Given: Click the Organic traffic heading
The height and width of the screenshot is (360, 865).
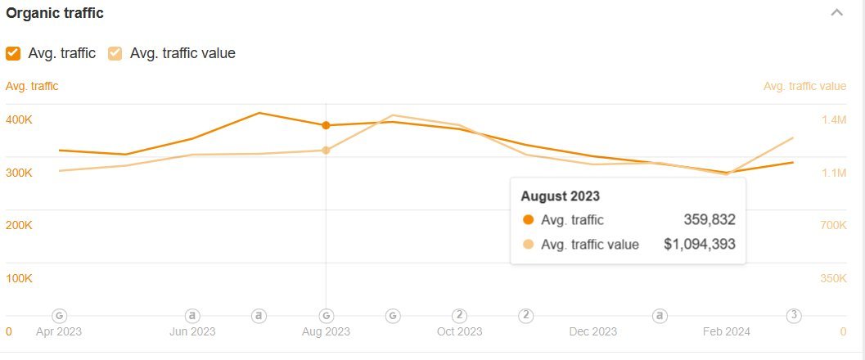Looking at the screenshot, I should [x=55, y=14].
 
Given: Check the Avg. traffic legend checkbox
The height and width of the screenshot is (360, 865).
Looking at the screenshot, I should [x=13, y=53].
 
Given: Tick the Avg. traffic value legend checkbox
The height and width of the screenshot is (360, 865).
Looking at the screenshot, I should [x=115, y=53].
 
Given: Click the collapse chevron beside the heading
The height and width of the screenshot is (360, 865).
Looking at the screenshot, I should [x=836, y=13].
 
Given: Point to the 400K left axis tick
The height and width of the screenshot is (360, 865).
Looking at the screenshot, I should [x=19, y=119].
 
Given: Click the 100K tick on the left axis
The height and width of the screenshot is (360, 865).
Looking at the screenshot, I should [x=19, y=278].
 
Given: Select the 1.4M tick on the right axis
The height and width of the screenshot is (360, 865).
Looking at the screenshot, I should [x=833, y=120].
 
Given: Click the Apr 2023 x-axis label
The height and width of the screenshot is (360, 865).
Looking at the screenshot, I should [x=59, y=331].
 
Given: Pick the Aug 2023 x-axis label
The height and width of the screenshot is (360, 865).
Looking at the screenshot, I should [x=326, y=331].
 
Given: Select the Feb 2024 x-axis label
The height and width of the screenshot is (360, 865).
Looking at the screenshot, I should [x=726, y=331].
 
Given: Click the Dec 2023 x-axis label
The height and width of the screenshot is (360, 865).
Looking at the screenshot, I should [x=592, y=331].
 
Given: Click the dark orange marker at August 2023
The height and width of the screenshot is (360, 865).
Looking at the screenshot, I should [x=326, y=125].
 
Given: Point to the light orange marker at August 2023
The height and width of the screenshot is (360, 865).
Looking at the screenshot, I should [x=326, y=151].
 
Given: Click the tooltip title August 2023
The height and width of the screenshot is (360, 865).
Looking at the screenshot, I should [x=561, y=196].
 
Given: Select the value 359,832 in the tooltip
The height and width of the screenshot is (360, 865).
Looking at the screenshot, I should [x=710, y=219].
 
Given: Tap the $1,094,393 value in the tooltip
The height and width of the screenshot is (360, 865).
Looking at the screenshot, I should [x=700, y=244].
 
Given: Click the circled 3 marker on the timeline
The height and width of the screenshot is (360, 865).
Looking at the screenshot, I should [x=793, y=315].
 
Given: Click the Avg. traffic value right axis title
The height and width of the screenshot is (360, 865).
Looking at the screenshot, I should [x=804, y=86].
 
